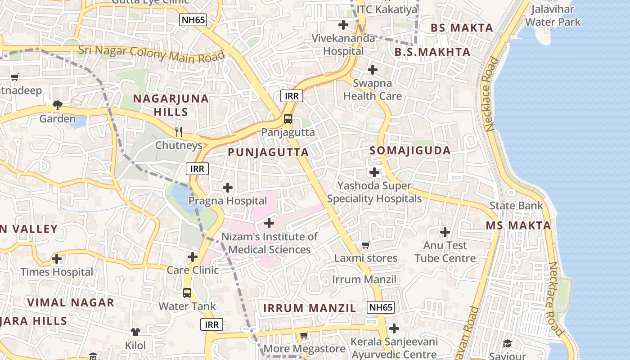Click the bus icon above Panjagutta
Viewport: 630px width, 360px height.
click(x=288, y=119)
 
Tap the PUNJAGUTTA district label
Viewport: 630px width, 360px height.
click(x=268, y=152)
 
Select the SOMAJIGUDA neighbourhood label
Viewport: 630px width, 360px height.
click(x=410, y=151)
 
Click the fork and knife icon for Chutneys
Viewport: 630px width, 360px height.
click(x=179, y=132)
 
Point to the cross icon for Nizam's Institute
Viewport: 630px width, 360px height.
click(x=269, y=223)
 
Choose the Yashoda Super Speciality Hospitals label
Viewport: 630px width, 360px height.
click(x=374, y=192)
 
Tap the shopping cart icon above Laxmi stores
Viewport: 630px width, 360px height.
click(x=366, y=245)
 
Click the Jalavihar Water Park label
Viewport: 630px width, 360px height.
click(x=553, y=16)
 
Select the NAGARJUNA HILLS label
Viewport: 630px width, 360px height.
click(x=171, y=105)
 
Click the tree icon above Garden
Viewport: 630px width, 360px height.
click(x=57, y=105)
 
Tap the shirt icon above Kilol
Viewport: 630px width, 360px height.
click(x=135, y=332)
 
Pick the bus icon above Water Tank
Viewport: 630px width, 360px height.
click(x=187, y=293)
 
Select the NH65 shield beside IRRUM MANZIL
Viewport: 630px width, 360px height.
click(x=381, y=308)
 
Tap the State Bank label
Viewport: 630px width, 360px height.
click(x=516, y=206)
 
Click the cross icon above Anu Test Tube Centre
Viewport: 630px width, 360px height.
click(x=445, y=232)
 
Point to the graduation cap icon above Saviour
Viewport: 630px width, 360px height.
click(x=508, y=343)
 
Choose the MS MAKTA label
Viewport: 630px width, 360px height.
click(x=518, y=225)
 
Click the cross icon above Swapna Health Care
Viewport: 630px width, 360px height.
click(x=373, y=70)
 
